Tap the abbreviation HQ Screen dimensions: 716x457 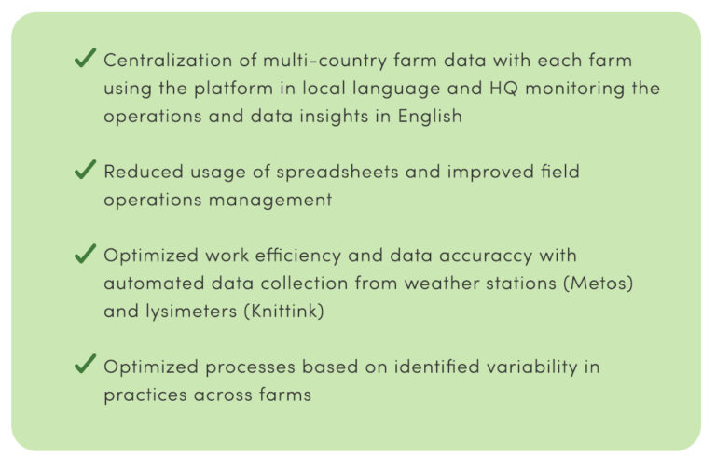(x=503, y=89)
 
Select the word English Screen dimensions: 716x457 (x=430, y=116)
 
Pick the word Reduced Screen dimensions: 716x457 (x=144, y=172)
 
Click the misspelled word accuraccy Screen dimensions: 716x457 (x=486, y=256)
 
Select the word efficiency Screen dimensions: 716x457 (x=297, y=256)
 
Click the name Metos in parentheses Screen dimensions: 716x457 (x=599, y=284)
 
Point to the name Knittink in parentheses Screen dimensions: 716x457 (x=283, y=312)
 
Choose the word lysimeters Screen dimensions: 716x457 (x=191, y=312)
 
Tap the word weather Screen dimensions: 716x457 (x=441, y=284)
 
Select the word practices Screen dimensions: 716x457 (x=145, y=395)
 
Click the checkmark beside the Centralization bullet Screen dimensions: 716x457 (x=86, y=58)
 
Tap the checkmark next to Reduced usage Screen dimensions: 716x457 (x=86, y=169)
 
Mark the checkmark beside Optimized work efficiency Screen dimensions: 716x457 (x=86, y=253)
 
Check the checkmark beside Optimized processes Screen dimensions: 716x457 (x=86, y=364)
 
